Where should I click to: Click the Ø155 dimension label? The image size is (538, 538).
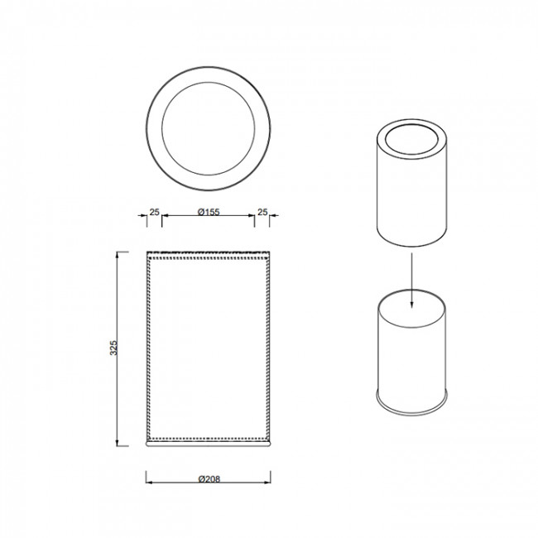pyautogui.click(x=209, y=212)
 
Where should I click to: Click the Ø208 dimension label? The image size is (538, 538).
pyautogui.click(x=209, y=478)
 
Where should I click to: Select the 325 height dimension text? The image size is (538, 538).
pyautogui.click(x=113, y=348)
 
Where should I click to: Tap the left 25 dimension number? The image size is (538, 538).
pyautogui.click(x=155, y=212)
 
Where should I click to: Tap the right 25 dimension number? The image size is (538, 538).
pyautogui.click(x=262, y=212)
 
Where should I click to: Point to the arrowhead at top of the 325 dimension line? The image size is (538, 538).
pyautogui.click(x=118, y=255)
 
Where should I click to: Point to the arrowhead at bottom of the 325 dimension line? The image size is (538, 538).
pyautogui.click(x=118, y=443)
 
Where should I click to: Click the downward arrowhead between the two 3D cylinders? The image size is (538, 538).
pyautogui.click(x=411, y=305)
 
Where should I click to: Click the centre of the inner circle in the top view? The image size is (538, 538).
pyautogui.click(x=209, y=128)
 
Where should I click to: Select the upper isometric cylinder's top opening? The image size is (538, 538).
pyautogui.click(x=411, y=140)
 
